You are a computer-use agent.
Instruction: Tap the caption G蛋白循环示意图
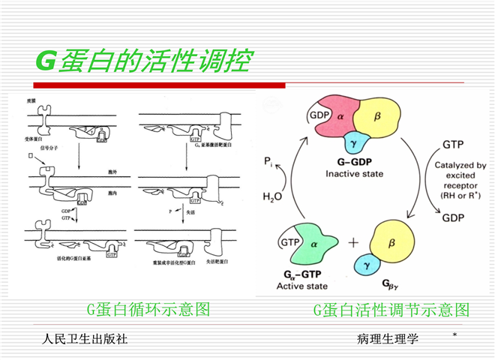click(x=147, y=309)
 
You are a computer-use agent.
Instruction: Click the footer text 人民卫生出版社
click(x=84, y=339)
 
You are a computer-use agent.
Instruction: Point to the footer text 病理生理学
click(x=388, y=339)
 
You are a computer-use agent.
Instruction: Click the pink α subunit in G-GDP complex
click(x=340, y=115)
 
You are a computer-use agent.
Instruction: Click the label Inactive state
click(x=355, y=174)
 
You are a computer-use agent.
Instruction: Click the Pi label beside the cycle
click(x=268, y=160)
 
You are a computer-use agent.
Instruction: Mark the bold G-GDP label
click(x=355, y=162)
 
